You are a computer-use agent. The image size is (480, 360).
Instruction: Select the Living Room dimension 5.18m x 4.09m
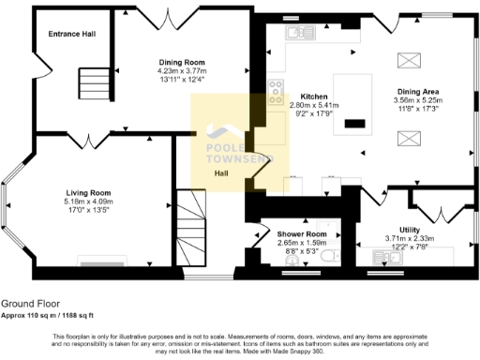coord(88,201)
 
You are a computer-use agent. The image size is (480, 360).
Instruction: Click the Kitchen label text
coord(313,97)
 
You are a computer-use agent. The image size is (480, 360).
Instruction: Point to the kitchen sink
coord(301,33)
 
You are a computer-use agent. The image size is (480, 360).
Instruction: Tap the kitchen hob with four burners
coord(277,92)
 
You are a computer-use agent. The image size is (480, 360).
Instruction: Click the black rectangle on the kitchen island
coord(355,123)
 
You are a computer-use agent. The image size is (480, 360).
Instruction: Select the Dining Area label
coord(418,91)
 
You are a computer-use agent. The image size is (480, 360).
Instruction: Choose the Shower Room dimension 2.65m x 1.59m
coord(301,243)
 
